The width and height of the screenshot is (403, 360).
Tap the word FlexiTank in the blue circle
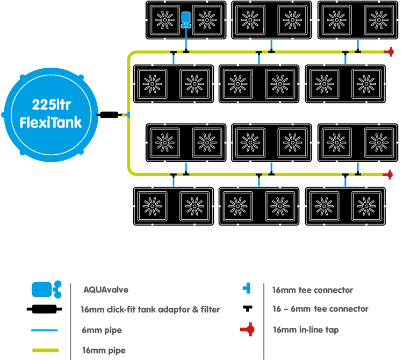pyautogui.click(x=51, y=122)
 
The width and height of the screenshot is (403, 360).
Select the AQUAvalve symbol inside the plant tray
pyautogui.click(x=186, y=19)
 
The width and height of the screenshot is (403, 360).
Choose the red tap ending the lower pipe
pyautogui.click(x=389, y=175)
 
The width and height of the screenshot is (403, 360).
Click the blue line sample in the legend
pyautogui.click(x=45, y=330)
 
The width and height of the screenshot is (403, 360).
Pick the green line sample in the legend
pyautogui.click(x=45, y=350)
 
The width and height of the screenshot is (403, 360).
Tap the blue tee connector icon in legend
pyautogui.click(x=247, y=289)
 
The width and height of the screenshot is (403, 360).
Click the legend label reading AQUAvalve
pyautogui.click(x=106, y=290)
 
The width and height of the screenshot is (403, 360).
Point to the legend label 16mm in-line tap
pyautogui.click(x=306, y=330)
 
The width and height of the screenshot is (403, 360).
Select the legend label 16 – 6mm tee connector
pyautogui.click(x=320, y=309)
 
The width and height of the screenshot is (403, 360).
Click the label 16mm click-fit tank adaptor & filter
pyautogui.click(x=150, y=309)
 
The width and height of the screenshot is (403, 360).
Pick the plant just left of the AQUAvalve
pyautogui.click(x=164, y=20)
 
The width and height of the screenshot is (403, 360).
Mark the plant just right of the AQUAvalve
pyautogui.click(x=207, y=20)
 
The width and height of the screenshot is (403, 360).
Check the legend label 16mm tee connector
pyautogui.click(x=313, y=290)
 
